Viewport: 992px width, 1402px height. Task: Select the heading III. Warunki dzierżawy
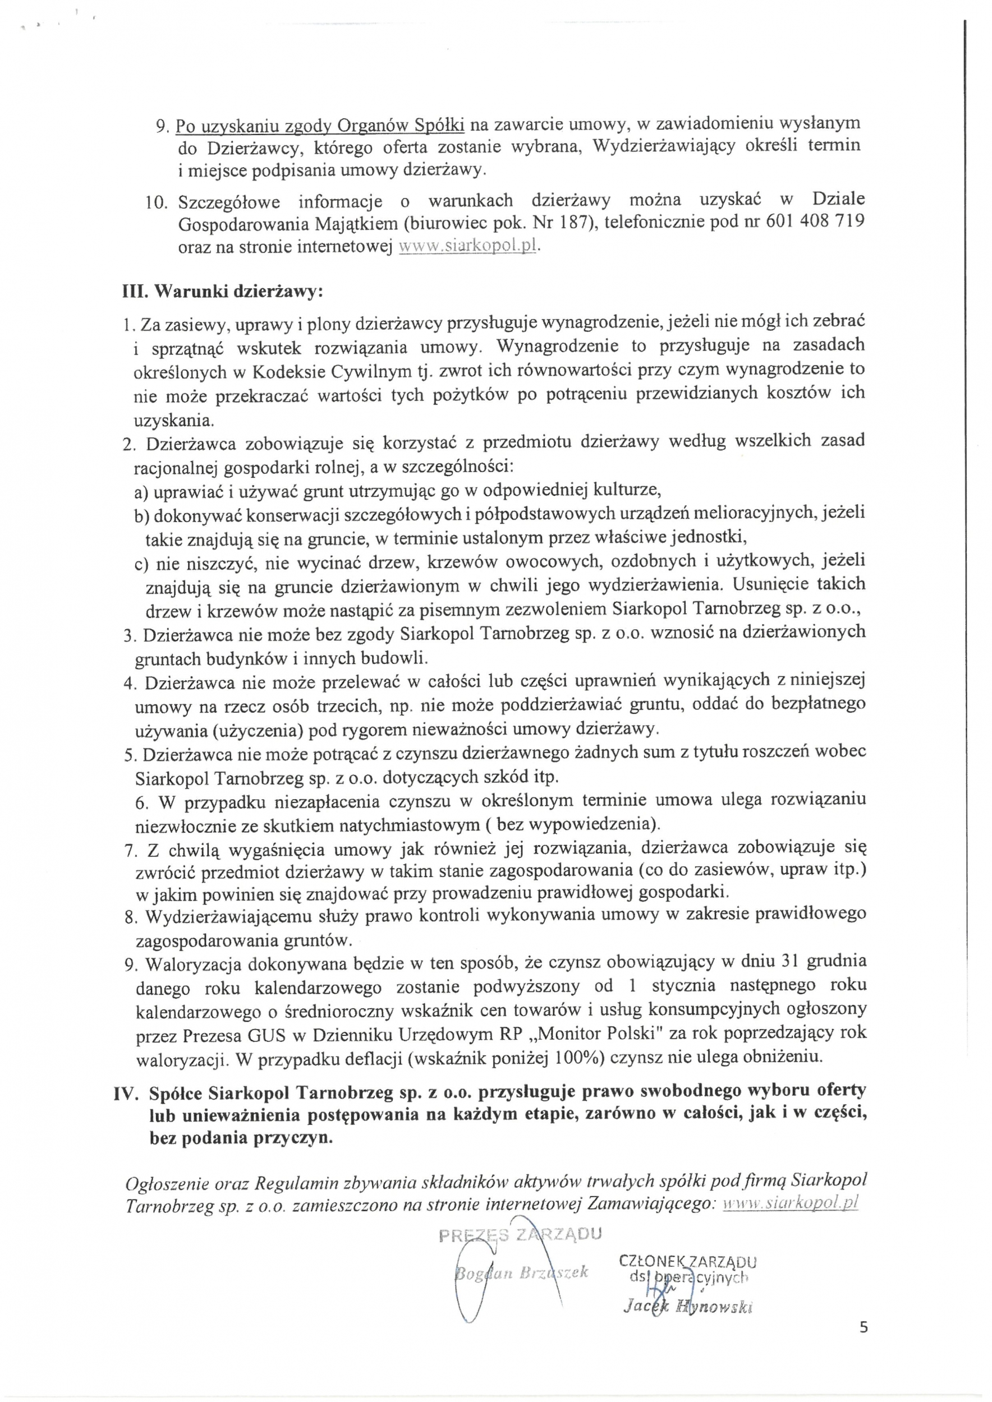point(223,291)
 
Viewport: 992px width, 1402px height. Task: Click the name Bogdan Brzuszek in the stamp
point(522,1272)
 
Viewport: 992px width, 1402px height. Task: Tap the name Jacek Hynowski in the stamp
point(688,1306)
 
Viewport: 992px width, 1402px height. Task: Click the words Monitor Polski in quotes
point(595,1033)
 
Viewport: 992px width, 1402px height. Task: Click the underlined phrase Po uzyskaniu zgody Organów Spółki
point(320,125)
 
